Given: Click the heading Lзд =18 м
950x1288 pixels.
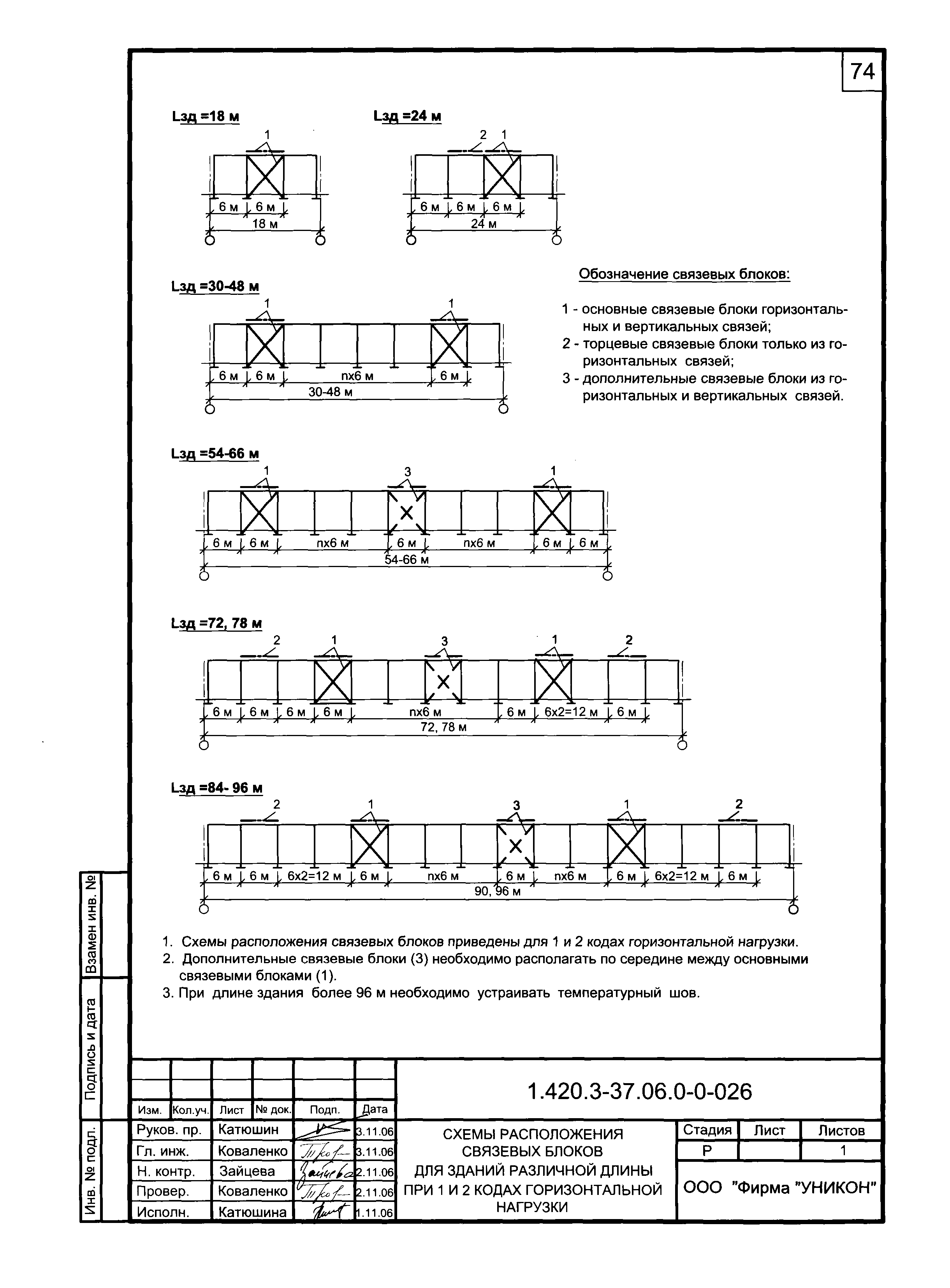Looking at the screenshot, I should pos(205,117).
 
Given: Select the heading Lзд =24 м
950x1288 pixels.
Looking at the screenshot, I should pos(407,116).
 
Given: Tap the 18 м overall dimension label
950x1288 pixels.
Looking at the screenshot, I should pos(265,224).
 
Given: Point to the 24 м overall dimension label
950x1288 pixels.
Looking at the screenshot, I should pos(484,224).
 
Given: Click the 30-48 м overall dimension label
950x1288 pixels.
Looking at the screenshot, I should pos(330,392).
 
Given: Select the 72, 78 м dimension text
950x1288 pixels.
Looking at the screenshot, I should pos(443,727).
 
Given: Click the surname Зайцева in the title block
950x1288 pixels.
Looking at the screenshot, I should pos(247,1171).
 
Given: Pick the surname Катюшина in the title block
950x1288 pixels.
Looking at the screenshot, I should pos(252,1212).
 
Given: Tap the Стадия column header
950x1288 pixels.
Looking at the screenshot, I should pos(707,1130).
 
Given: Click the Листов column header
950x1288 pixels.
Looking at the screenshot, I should pos(841,1130).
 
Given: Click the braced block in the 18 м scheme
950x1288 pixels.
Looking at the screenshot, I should pos(265,175).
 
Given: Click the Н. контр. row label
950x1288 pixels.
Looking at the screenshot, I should pos(166,1171).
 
